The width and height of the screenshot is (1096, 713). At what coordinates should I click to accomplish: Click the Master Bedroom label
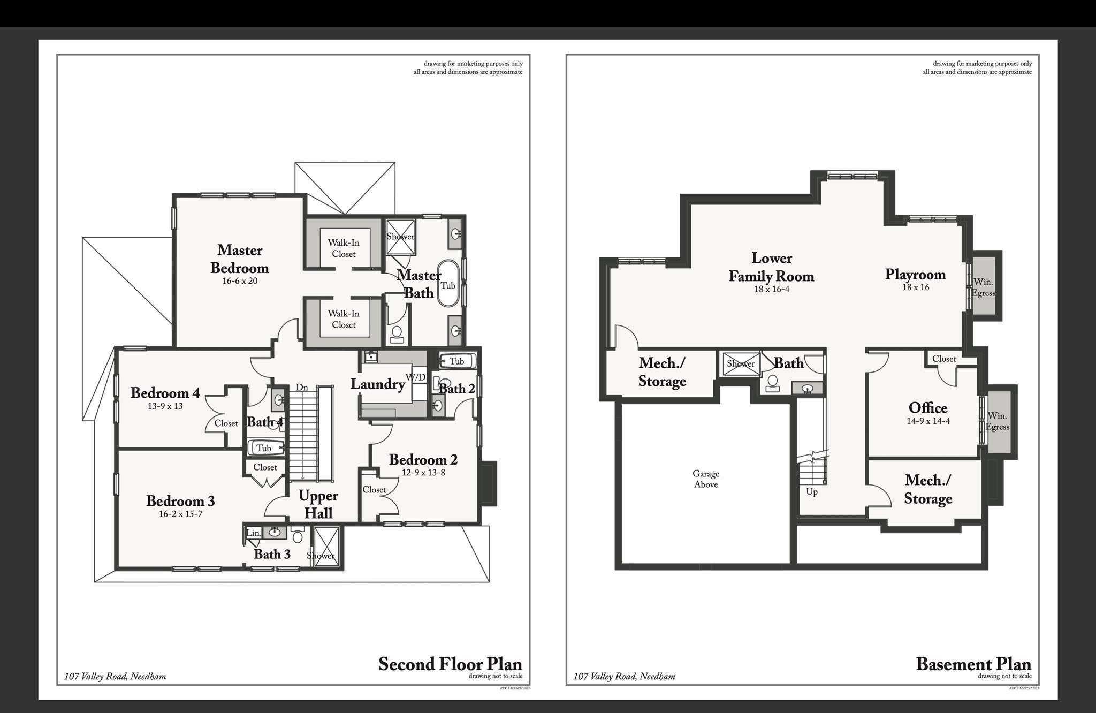tap(240, 259)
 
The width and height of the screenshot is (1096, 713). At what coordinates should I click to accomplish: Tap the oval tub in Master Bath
tap(448, 284)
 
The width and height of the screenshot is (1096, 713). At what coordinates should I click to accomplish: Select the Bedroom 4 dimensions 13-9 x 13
tap(165, 406)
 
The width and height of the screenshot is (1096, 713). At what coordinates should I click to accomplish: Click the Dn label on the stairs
tap(302, 388)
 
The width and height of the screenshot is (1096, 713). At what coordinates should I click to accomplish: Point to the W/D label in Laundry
tap(415, 377)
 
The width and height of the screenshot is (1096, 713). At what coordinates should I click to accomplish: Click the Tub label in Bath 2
tap(456, 361)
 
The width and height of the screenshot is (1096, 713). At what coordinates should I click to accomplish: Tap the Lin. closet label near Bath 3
tap(254, 533)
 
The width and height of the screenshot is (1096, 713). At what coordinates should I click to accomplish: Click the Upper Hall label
tap(318, 505)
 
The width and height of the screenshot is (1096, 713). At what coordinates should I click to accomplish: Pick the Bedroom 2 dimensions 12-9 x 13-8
tap(423, 473)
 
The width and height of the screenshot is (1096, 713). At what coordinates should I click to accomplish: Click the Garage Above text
tap(706, 479)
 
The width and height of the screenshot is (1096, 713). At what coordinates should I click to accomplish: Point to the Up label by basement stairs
tap(811, 492)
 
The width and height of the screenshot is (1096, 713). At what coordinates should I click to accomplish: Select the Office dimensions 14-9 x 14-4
tap(928, 421)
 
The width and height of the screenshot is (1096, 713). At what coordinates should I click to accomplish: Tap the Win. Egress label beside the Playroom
tap(984, 287)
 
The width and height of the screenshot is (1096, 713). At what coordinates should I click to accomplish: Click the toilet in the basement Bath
tap(772, 383)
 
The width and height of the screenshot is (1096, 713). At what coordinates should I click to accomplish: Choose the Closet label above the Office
tap(944, 359)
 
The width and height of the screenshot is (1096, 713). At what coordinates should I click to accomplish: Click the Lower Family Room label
tap(771, 267)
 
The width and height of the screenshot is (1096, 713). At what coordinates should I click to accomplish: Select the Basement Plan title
tap(973, 664)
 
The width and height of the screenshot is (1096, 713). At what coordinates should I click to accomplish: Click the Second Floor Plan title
tap(450, 664)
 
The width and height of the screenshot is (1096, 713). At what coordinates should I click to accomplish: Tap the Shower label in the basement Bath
tap(741, 364)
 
